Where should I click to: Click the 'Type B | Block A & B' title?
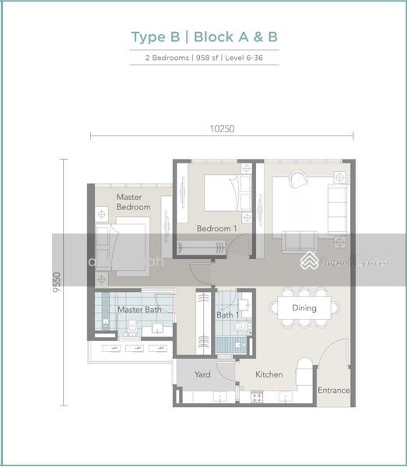(204, 37)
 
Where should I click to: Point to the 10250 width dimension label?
(223, 129)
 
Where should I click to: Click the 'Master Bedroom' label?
(133, 202)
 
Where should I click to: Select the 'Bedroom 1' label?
(216, 229)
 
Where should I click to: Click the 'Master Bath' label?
(139, 310)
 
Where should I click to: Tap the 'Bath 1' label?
(227, 315)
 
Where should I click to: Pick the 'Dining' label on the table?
(304, 308)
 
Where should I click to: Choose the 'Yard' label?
(202, 374)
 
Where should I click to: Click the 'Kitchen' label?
(269, 374)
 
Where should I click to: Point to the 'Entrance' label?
(334, 390)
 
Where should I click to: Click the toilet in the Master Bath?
(132, 328)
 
